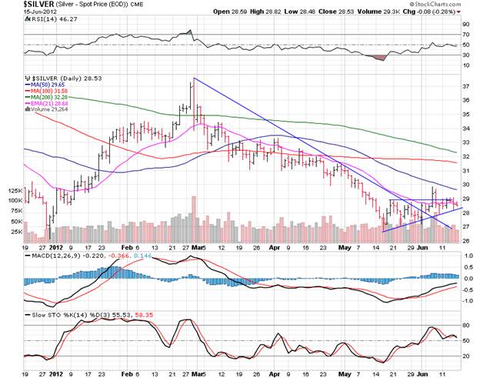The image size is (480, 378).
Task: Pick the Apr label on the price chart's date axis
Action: click(275, 246)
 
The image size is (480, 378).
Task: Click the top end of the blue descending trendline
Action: click(193, 78)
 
